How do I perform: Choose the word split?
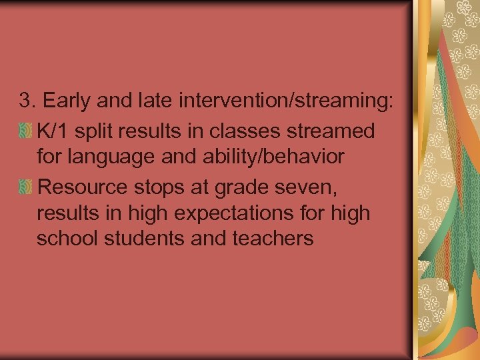click(x=91, y=131)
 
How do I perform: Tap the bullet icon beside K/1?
click(x=26, y=130)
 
